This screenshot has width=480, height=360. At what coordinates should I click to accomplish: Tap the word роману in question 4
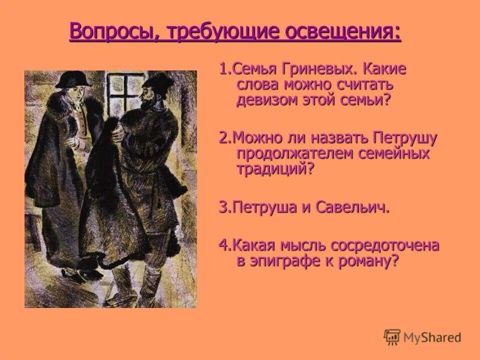pyautogui.click(x=368, y=261)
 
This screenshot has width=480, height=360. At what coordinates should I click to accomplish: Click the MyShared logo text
pyautogui.click(x=433, y=337)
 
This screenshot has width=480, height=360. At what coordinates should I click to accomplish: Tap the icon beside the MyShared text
pyautogui.click(x=392, y=336)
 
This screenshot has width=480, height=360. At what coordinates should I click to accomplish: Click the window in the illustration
pyautogui.click(x=124, y=87)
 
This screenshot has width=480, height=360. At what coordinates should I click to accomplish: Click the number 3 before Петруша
pyautogui.click(x=222, y=207)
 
